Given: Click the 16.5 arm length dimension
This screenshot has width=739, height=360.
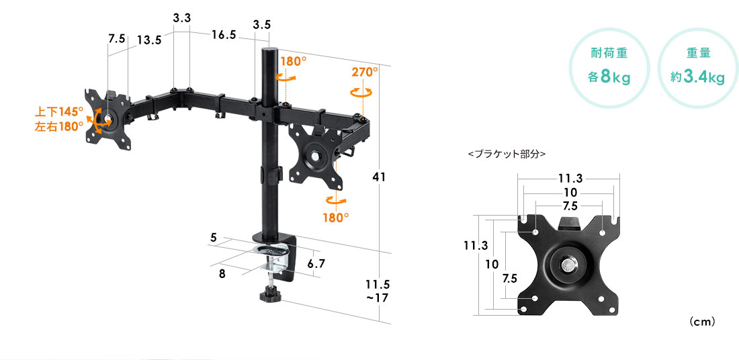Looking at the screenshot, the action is pos(224,35).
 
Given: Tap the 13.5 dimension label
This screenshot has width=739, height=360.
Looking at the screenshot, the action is pos(149,40).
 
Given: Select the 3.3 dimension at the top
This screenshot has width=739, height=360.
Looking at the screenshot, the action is pos(181,19).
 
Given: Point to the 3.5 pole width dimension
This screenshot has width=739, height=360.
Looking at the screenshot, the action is pos(261,25).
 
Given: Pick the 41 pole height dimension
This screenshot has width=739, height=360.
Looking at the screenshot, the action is pos(379,177).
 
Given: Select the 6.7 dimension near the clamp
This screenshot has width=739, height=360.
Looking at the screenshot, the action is pos(316,264).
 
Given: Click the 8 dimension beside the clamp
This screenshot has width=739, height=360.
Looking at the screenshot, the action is pos(222,274).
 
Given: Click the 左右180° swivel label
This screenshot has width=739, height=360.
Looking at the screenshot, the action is pos(59,126).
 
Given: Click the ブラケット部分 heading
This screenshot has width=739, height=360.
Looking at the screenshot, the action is pos(507,154).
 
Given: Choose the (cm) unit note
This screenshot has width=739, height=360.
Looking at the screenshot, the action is pos(702,322).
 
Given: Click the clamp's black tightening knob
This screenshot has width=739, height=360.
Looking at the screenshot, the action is pos(269,296).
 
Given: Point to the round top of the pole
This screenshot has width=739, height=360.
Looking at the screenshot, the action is pos(270,50).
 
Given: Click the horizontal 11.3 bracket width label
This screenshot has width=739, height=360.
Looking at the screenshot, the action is pos(571,179).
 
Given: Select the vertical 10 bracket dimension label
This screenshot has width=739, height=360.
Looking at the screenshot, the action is pos(492,265).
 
